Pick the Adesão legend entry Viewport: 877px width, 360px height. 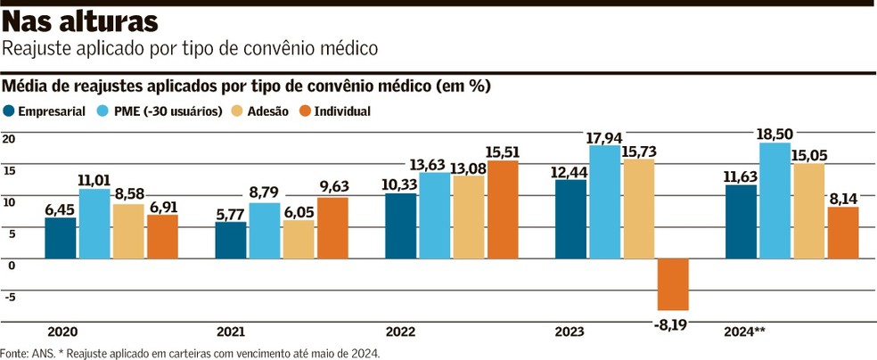[260, 111]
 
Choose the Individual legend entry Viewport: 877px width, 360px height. [333, 111]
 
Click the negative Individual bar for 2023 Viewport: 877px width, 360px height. [673, 284]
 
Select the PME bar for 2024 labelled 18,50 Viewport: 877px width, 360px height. [775, 200]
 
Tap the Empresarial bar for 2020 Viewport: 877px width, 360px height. [61, 238]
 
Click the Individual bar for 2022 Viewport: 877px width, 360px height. [502, 209]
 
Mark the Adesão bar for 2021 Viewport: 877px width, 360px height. [299, 239]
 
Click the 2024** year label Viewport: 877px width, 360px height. [746, 331]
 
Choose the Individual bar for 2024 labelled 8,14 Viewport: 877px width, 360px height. [842, 233]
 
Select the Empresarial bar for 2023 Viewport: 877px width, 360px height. [570, 219]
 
